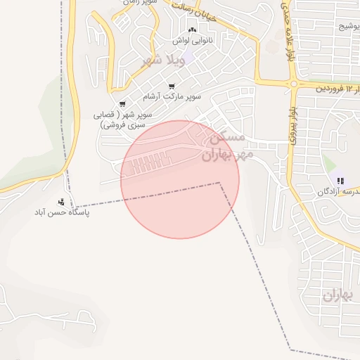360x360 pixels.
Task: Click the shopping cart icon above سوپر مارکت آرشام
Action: pyautogui.click(x=172, y=86)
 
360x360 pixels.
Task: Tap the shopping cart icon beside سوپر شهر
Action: pyautogui.click(x=122, y=104)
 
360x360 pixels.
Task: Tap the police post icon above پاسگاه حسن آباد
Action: pyautogui.click(x=70, y=202)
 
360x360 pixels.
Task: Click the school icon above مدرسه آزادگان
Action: pyautogui.click(x=341, y=181)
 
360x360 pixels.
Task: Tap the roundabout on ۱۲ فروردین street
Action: pyautogui.click(x=292, y=84)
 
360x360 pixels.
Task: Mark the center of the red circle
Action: pyautogui.click(x=180, y=179)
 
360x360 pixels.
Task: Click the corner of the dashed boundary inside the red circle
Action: pyautogui.click(x=219, y=183)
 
